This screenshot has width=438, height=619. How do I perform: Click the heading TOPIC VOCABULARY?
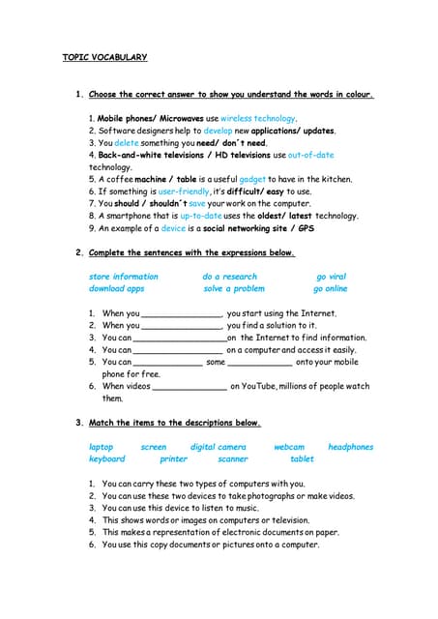[105, 57]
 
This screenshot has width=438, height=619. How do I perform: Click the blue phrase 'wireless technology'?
[258, 118]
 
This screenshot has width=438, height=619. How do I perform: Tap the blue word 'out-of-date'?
[310, 155]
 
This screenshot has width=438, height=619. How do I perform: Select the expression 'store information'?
[123, 277]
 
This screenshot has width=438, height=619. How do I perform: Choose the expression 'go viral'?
[331, 277]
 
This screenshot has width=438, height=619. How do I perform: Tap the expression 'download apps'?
[116, 288]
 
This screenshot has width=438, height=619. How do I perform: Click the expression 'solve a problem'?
[233, 288]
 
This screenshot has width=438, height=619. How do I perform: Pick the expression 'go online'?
[330, 288]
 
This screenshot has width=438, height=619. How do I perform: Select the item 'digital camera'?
[219, 447]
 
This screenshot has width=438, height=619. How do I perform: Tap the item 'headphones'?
[350, 447]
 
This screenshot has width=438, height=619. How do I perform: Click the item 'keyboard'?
[106, 458]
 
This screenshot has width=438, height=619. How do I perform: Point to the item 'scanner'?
[233, 458]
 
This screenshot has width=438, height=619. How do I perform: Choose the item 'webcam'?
[289, 447]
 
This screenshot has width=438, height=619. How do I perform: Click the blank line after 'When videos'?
[190, 387]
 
